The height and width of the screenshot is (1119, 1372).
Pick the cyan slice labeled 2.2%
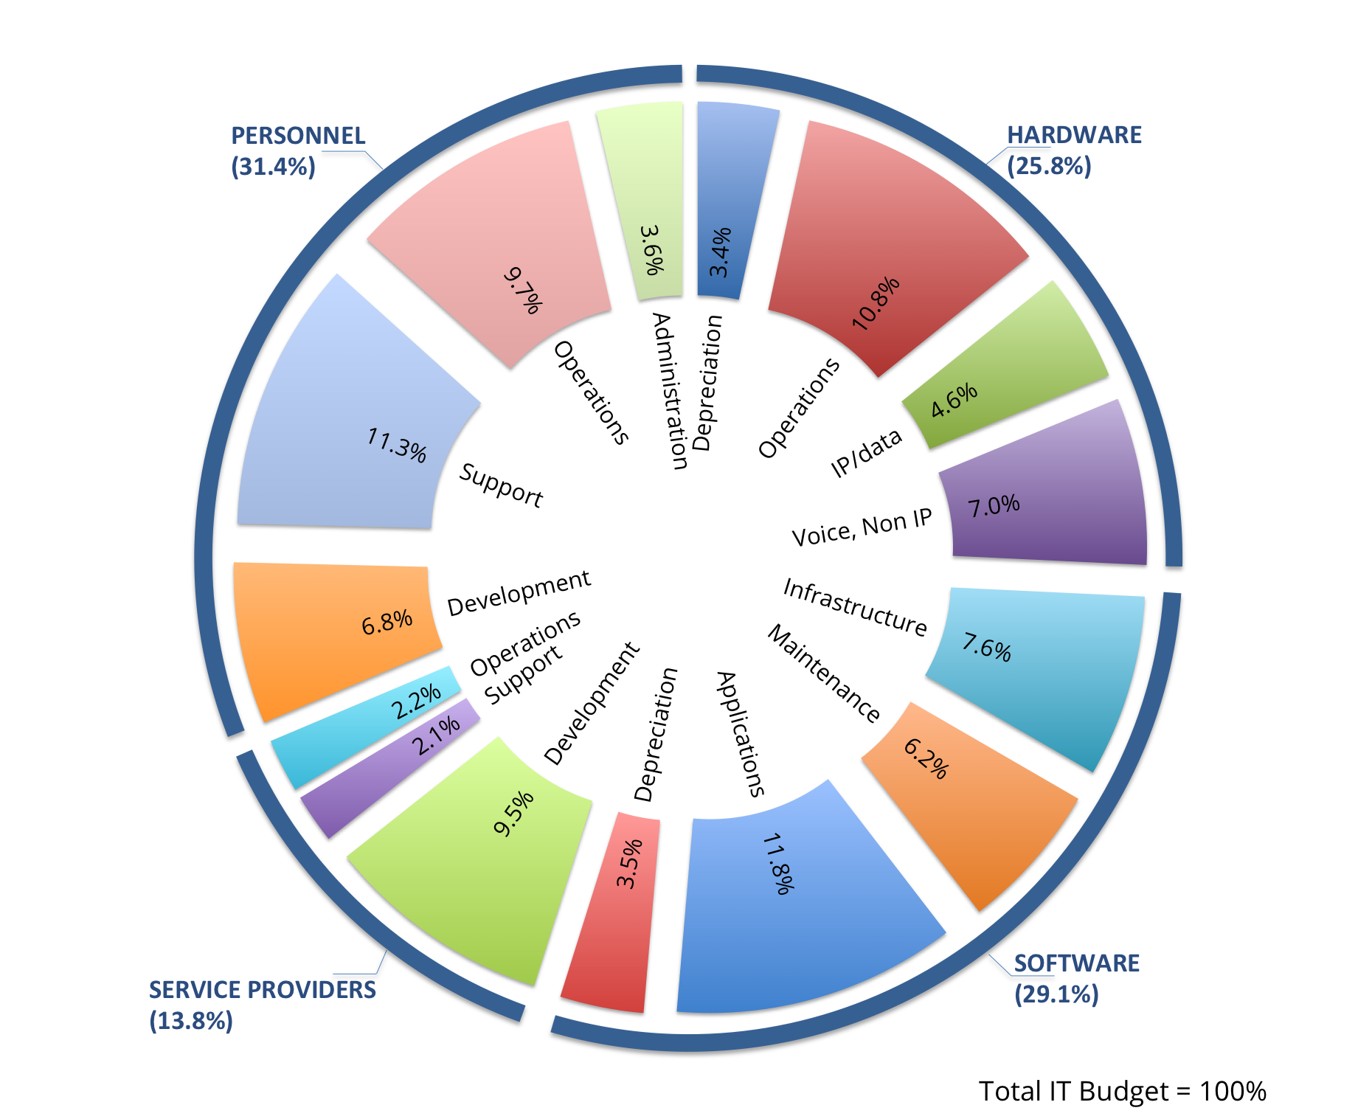[x=369, y=727]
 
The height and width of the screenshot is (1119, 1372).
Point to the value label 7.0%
[x=994, y=506]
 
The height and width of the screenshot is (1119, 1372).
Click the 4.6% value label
[x=954, y=400]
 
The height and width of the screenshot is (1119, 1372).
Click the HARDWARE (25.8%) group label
[x=1073, y=150]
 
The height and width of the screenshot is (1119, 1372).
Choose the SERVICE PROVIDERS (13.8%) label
[x=262, y=1005]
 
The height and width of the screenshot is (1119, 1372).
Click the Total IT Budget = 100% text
[x=1121, y=1091]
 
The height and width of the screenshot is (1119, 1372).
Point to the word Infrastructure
[x=854, y=607]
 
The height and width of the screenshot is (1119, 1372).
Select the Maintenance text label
[x=824, y=673]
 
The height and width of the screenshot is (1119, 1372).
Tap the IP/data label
[x=866, y=452]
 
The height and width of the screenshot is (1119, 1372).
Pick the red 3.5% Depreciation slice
[x=612, y=922]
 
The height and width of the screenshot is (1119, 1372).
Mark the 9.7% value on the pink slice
[x=523, y=291]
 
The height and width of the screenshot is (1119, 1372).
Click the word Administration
[x=671, y=391]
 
